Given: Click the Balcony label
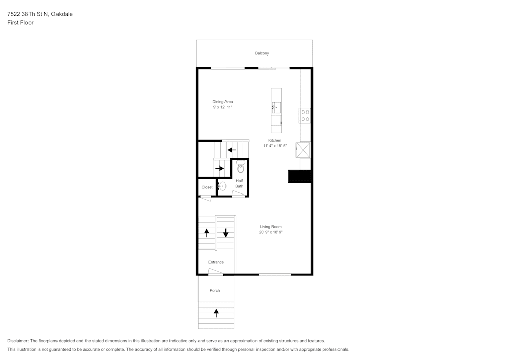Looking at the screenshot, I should click(x=262, y=53).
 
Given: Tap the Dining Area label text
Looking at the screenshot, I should click(x=222, y=102).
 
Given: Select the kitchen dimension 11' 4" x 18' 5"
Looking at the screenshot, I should click(x=275, y=146).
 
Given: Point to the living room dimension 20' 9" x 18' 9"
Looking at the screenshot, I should click(x=270, y=232).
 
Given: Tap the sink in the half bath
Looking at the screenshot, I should click(x=222, y=186).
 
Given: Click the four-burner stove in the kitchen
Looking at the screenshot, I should click(x=305, y=116).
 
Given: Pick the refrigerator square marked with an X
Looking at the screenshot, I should click(x=304, y=150).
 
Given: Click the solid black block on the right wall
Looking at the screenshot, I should click(x=300, y=176).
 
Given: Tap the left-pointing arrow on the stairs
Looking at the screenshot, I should click(x=231, y=150).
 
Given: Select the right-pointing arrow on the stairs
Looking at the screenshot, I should click(x=219, y=168).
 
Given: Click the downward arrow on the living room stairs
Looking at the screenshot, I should click(x=225, y=233).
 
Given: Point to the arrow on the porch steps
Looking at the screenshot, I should click(x=216, y=313).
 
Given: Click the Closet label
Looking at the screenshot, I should click(x=207, y=187).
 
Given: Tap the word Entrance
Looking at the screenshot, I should click(x=216, y=262).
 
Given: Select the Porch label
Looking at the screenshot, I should click(x=215, y=291).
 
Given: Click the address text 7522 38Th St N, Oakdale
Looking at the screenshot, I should click(x=40, y=14).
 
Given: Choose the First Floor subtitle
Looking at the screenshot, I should click(x=20, y=23).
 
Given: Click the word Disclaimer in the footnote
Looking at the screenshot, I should click(x=18, y=341).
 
